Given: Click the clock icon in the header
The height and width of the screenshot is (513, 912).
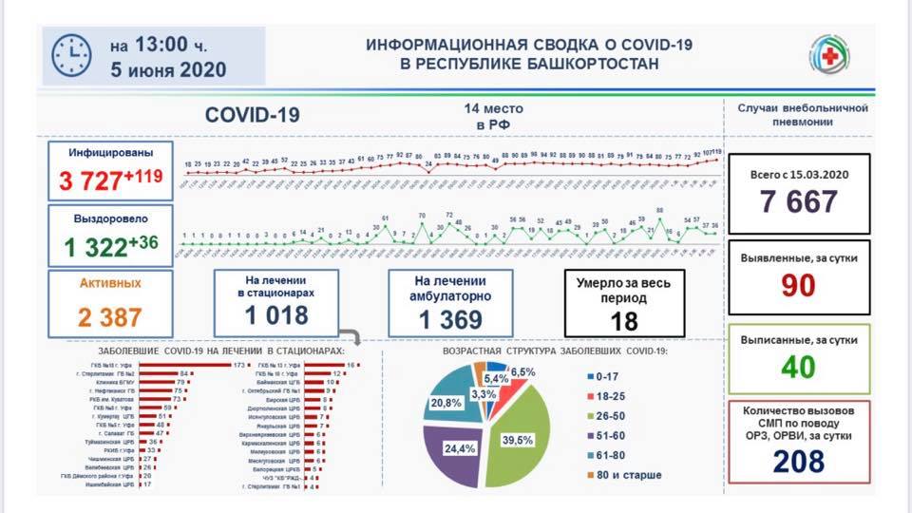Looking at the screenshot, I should pyautogui.click(x=71, y=56).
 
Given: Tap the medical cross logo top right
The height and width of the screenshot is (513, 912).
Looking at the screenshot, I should pyautogui.click(x=829, y=55).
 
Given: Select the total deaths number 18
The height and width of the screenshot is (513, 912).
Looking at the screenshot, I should pyautogui.click(x=624, y=321).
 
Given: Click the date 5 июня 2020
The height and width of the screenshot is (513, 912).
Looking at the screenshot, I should pyautogui.click(x=167, y=69).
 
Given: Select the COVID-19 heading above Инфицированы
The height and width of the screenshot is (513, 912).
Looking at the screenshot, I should pyautogui.click(x=253, y=115).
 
